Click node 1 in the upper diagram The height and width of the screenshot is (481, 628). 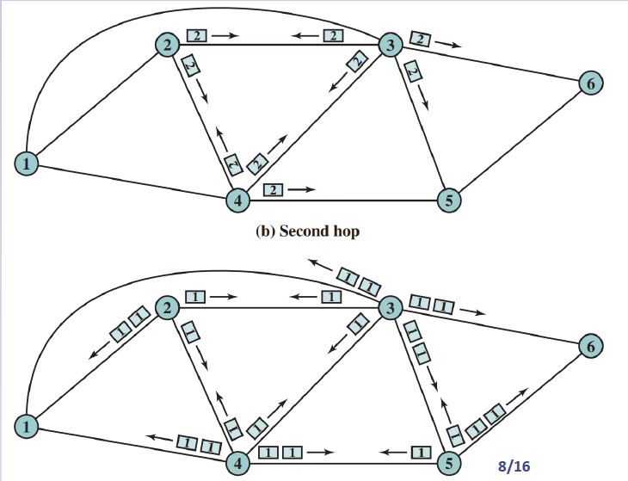click(28, 162)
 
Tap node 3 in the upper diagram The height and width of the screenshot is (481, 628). click(390, 45)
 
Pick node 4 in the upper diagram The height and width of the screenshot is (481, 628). click(237, 200)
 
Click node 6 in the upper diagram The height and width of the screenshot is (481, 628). click(589, 83)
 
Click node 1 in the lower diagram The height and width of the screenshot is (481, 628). click(28, 425)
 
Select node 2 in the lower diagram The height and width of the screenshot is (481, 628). click(166, 307)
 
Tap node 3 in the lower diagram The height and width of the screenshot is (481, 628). click(390, 308)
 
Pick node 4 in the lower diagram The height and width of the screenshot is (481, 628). click(237, 463)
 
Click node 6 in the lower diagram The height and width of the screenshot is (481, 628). click(589, 347)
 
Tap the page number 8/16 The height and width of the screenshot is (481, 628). click(514, 466)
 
